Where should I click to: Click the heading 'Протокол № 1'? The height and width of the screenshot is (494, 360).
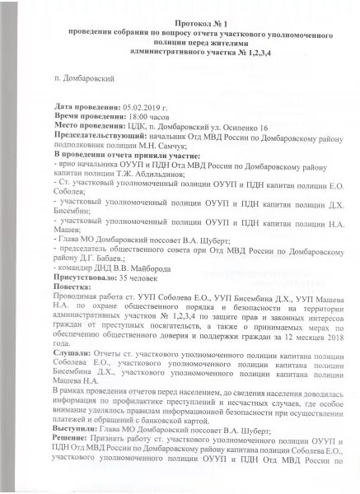point(180,27)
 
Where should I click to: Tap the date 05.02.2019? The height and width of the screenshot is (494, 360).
point(142,107)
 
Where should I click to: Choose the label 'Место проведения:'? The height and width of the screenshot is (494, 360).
point(83,126)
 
